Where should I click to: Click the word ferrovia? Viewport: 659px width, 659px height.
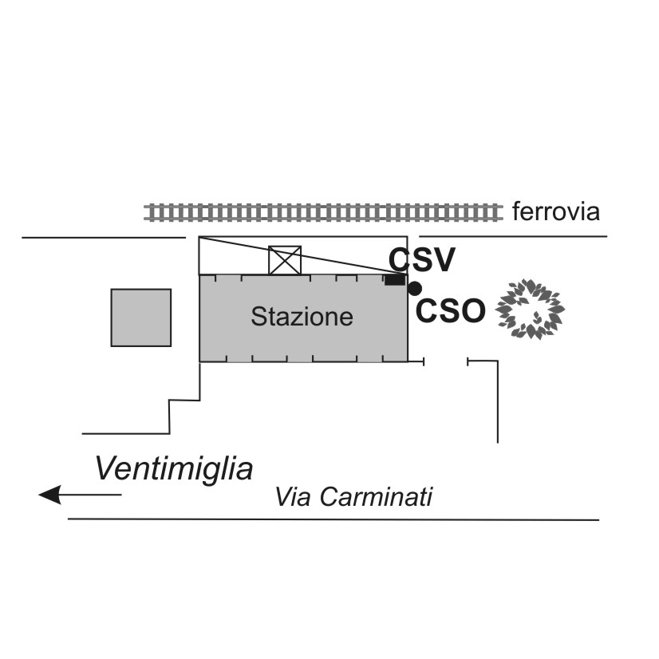point(555,212)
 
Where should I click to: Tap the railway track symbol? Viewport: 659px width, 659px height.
point(322,211)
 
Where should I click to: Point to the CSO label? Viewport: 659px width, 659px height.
point(451,311)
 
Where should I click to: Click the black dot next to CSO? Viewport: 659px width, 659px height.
point(414,288)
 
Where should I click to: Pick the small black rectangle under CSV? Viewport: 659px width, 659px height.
point(394,279)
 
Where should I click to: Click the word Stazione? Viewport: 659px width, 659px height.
point(302,317)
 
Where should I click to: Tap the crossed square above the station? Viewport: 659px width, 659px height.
point(285,260)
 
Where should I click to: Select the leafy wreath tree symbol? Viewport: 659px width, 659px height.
point(530,309)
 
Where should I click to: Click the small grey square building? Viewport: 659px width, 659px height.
point(140,318)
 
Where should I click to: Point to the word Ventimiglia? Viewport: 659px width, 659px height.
point(174,469)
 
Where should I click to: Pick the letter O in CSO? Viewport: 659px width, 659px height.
point(472,311)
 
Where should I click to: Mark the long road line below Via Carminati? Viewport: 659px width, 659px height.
point(333,519)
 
